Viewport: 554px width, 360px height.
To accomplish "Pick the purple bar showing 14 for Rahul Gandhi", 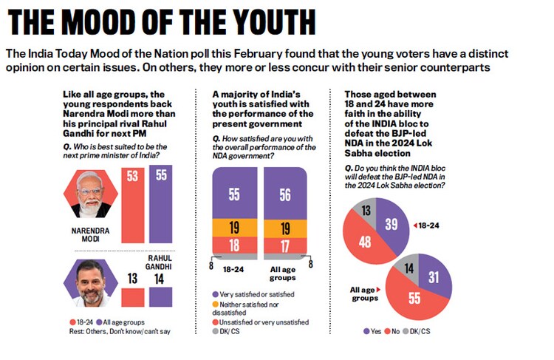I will click(x=160, y=296).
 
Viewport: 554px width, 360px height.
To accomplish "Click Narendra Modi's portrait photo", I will click(x=90, y=193).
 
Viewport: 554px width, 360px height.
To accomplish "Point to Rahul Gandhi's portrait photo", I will click(x=90, y=283).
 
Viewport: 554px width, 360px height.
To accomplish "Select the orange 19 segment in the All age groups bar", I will click(x=283, y=228).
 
